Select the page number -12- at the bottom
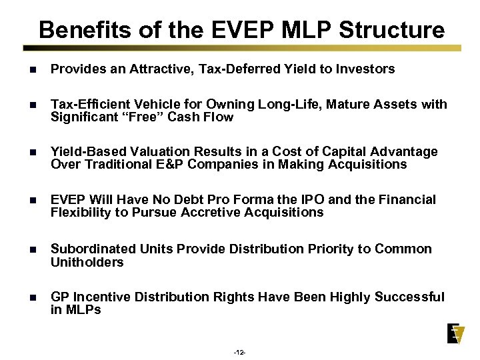click(240, 352)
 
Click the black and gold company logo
click(456, 333)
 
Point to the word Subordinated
click(93, 249)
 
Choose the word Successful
click(410, 297)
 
